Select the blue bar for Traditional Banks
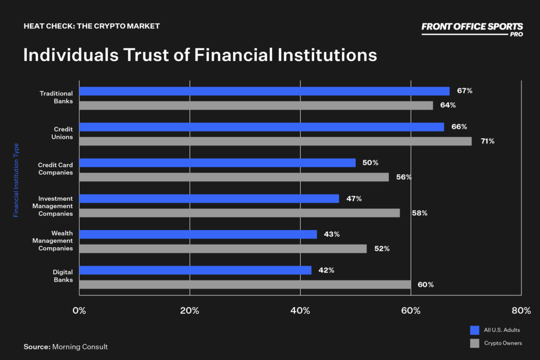(264, 91)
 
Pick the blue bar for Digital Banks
(195, 270)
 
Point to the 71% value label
(487, 141)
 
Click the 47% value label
(354, 199)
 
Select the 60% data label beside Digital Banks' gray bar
(426, 285)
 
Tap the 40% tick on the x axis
(300, 310)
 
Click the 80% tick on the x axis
(521, 310)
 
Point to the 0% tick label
(79, 310)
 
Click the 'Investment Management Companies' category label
(53, 206)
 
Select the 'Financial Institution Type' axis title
(16, 180)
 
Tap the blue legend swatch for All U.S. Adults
(475, 330)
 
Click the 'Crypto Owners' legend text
(503, 343)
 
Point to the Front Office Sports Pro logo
(472, 28)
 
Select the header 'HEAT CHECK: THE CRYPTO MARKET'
(91, 26)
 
